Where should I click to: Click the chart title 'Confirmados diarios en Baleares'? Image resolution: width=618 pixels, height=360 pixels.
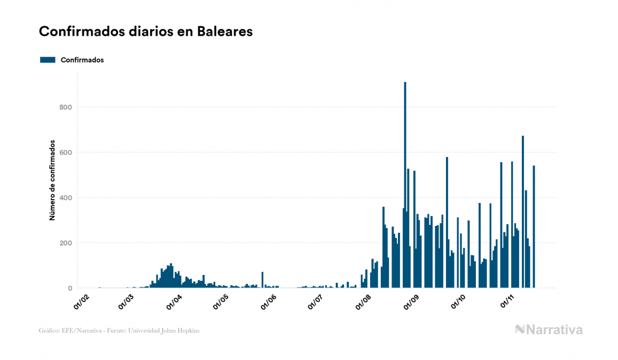[146, 32]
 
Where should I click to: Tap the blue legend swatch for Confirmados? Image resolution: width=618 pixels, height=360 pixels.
[48, 60]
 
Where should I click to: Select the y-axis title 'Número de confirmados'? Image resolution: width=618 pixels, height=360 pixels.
[52, 181]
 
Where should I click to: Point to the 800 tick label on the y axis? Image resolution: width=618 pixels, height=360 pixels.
[66, 107]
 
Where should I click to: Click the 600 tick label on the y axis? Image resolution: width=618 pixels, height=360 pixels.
[66, 153]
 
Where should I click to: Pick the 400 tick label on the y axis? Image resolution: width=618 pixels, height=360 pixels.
[66, 198]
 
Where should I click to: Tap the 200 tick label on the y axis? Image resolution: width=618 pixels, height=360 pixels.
[66, 243]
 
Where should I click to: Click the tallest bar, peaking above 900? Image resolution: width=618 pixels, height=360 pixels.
[405, 187]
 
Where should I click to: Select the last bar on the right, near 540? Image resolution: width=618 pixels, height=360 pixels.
[534, 227]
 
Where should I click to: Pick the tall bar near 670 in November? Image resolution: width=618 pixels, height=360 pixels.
[523, 214]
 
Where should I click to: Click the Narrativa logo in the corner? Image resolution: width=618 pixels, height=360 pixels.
[549, 330]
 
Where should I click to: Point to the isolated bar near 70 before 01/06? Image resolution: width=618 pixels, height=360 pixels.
[262, 280]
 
